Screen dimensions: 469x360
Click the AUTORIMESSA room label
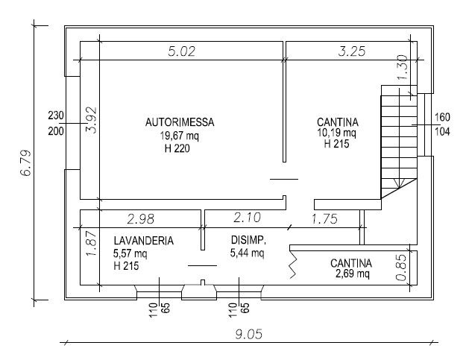click(180, 122)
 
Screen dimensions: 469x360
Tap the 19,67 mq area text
click(179, 136)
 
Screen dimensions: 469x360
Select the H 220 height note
click(177, 148)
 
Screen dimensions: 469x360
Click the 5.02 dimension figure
click(181, 51)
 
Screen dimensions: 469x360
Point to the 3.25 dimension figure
click(352, 51)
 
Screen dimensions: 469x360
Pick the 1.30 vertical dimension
click(403, 67)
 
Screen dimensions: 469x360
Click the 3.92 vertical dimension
click(92, 120)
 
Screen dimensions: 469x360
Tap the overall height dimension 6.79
click(25, 163)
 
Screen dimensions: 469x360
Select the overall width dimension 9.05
click(248, 334)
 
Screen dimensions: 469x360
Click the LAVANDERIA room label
click(144, 241)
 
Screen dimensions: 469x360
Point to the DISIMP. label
click(248, 240)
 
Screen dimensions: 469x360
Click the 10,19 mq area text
click(337, 133)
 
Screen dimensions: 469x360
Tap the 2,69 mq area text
click(353, 274)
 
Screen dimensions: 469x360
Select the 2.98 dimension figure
click(141, 219)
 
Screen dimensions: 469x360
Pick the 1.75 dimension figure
click(325, 219)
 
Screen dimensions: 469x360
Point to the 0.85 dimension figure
click(401, 268)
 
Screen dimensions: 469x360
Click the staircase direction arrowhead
click(399, 183)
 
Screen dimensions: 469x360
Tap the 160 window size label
click(442, 117)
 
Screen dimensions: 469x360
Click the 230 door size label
click(56, 116)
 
